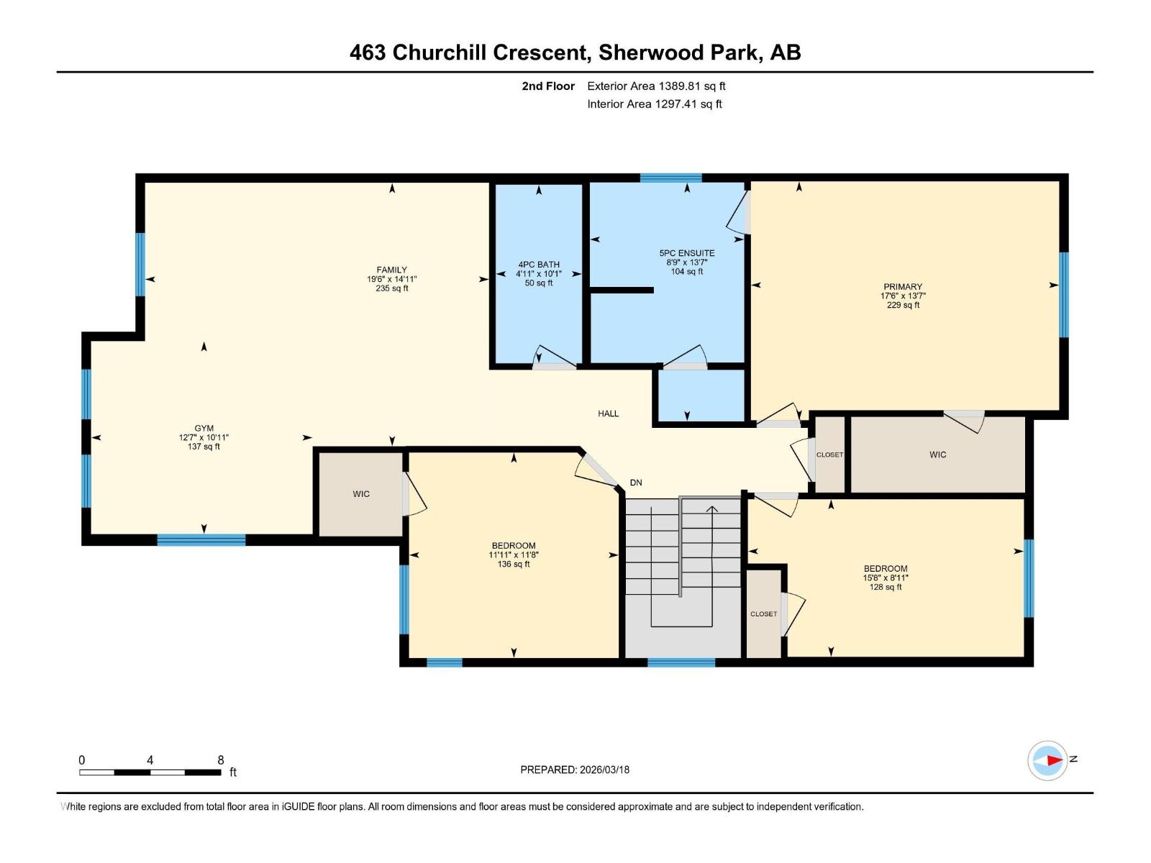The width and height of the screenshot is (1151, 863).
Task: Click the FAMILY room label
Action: click(x=391, y=270)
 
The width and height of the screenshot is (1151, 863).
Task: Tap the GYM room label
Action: click(x=204, y=428)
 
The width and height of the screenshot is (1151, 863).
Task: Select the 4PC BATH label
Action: click(x=539, y=265)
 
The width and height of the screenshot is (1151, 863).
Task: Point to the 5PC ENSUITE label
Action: click(x=686, y=253)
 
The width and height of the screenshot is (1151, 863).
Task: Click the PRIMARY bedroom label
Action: click(x=902, y=287)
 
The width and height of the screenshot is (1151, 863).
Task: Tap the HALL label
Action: click(x=608, y=414)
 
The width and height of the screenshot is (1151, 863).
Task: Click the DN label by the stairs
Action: click(x=635, y=483)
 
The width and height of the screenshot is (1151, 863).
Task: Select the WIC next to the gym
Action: click(x=361, y=494)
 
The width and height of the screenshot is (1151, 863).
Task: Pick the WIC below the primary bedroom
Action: click(x=937, y=455)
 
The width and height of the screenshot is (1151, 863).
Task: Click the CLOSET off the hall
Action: click(x=829, y=455)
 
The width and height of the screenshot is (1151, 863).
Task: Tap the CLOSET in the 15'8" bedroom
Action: click(x=763, y=613)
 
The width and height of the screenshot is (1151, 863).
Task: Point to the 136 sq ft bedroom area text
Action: click(x=514, y=565)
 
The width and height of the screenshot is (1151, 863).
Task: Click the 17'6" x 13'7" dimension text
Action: click(x=902, y=296)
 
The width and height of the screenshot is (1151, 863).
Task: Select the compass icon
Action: click(x=1047, y=760)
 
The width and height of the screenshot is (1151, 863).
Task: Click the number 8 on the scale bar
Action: click(x=221, y=759)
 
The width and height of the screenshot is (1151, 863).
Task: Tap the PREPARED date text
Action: click(x=575, y=770)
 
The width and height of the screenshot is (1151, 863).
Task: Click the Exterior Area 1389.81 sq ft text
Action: click(x=656, y=86)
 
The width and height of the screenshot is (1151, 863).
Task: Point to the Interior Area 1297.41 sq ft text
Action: click(x=655, y=104)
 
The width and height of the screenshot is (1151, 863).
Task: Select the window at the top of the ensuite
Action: click(x=670, y=178)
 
